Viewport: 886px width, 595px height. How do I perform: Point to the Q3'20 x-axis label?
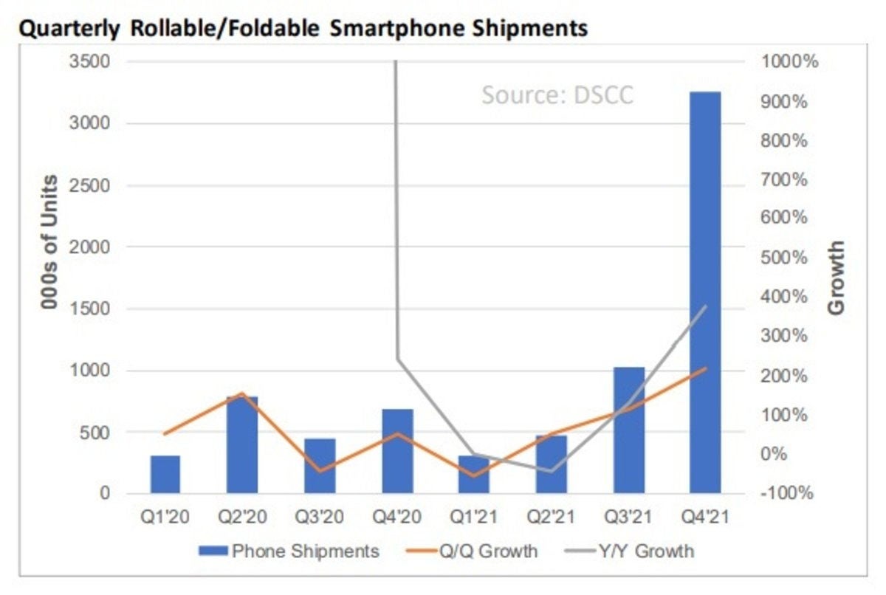pos(320,517)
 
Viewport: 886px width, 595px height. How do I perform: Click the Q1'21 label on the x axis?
pos(473,517)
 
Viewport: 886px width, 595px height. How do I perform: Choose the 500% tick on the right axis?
pos(786,258)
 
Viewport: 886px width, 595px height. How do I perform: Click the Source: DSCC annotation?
pos(557,95)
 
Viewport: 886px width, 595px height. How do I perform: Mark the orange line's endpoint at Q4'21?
pos(704,368)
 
